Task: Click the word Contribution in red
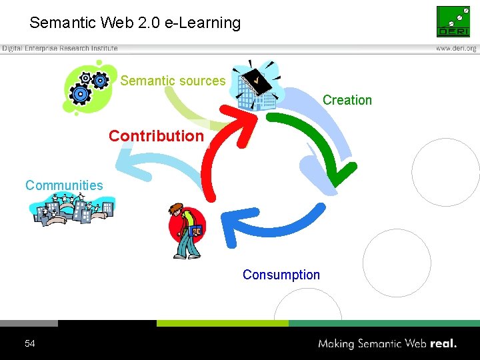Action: (156, 136)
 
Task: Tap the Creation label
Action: (347, 100)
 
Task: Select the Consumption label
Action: (281, 275)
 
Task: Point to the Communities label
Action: (64, 185)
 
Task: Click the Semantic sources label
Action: (173, 81)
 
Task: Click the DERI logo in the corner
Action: (453, 21)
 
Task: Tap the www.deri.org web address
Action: (456, 49)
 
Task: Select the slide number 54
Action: (29, 344)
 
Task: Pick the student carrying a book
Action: (186, 231)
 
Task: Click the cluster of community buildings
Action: (71, 210)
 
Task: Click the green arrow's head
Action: (342, 176)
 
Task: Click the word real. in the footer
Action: (443, 344)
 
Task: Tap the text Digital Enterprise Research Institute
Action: (60, 49)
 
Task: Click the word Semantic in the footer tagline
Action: (383, 344)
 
